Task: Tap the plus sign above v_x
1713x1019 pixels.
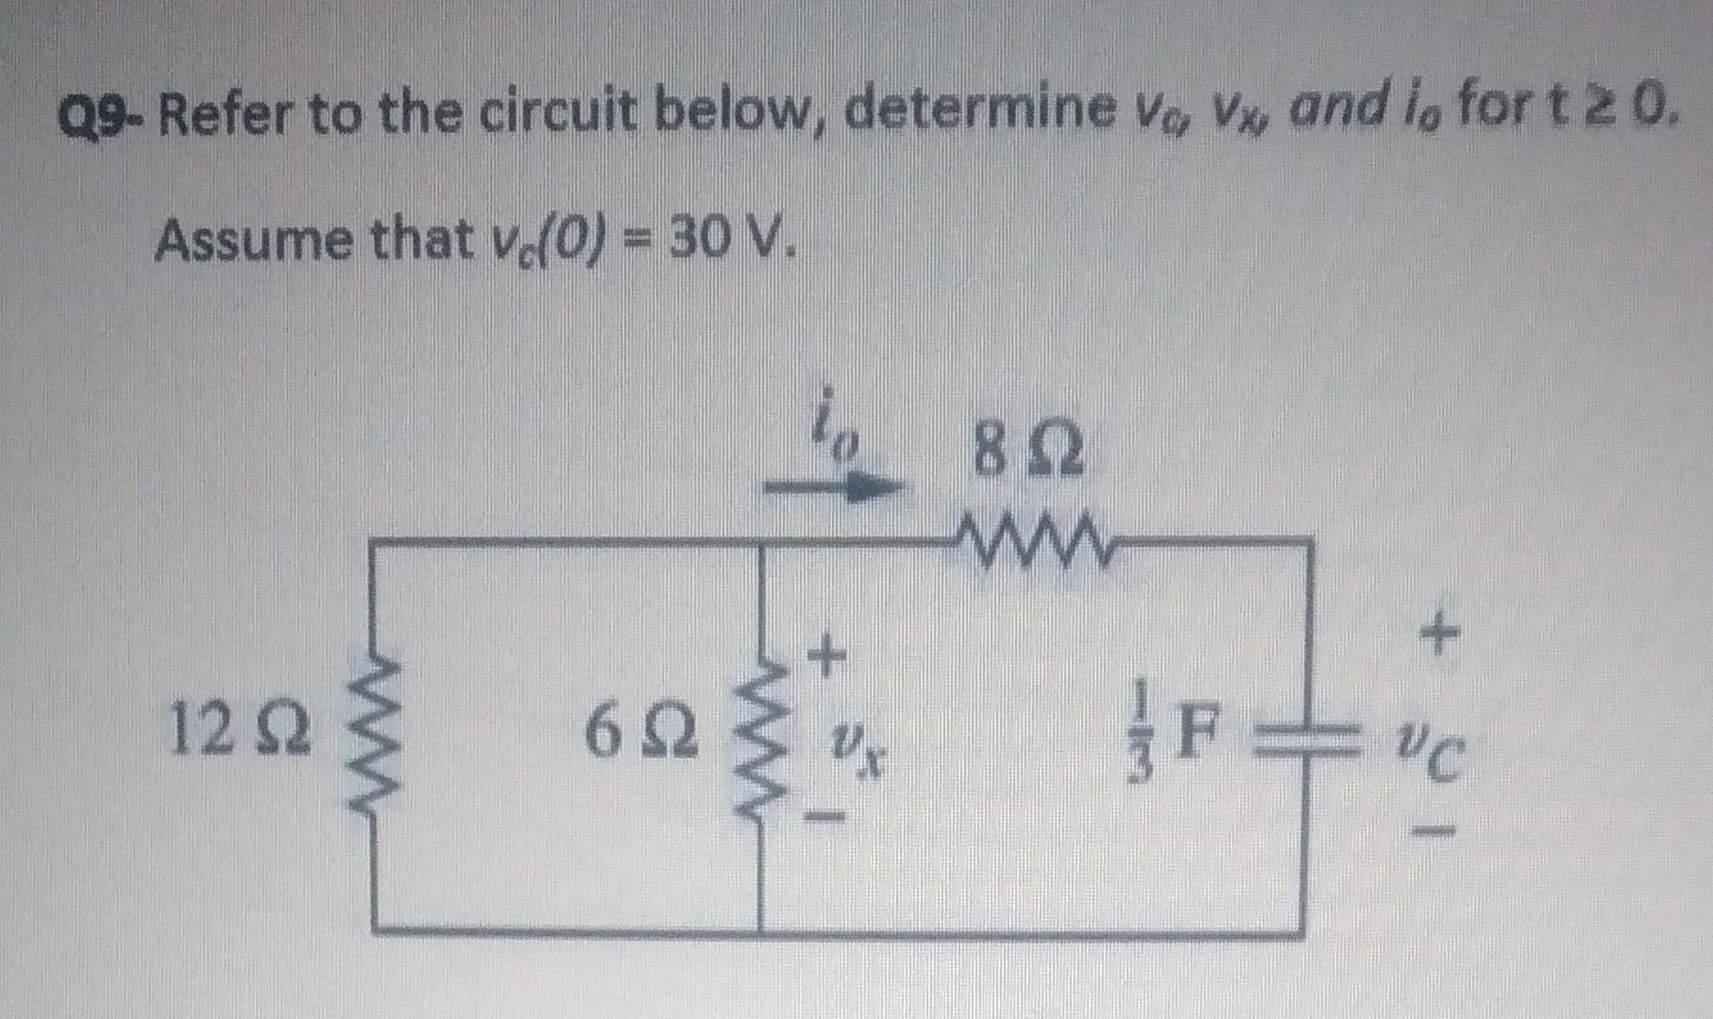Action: click(826, 654)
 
